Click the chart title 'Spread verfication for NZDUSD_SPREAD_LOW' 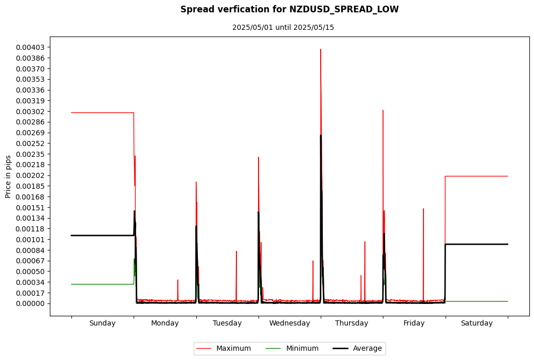pyautogui.click(x=289, y=9)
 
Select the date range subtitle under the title pyautogui.click(x=283, y=27)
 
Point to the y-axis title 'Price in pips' pyautogui.click(x=8, y=176)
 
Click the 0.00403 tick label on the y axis pyautogui.click(x=30, y=47)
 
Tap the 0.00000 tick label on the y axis pyautogui.click(x=30, y=303)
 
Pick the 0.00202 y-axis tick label pyautogui.click(x=30, y=175)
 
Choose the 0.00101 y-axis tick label pyautogui.click(x=30, y=240)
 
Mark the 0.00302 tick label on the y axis pyautogui.click(x=30, y=112)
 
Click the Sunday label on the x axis pyautogui.click(x=102, y=323)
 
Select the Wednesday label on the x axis pyautogui.click(x=289, y=323)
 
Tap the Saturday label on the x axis pyautogui.click(x=476, y=323)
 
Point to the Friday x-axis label pyautogui.click(x=414, y=323)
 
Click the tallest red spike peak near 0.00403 pyautogui.click(x=321, y=50)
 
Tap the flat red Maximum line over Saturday pyautogui.click(x=476, y=176)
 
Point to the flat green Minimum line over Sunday pyautogui.click(x=102, y=284)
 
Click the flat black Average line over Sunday pyautogui.click(x=102, y=236)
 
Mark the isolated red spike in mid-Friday pyautogui.click(x=423, y=210)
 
